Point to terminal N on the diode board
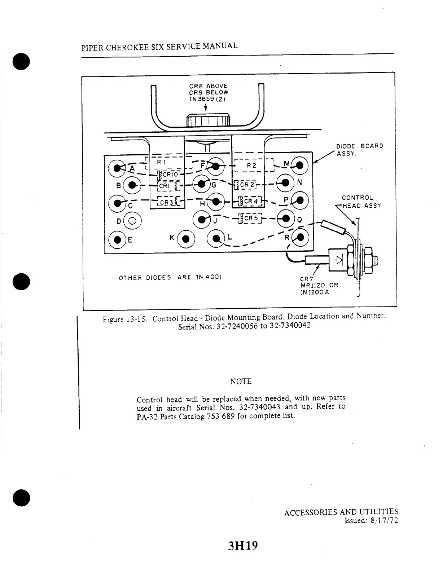tap(285, 182)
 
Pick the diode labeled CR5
tap(249, 218)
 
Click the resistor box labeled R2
tap(251, 166)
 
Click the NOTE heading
tap(241, 381)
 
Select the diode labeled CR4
tap(250, 201)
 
